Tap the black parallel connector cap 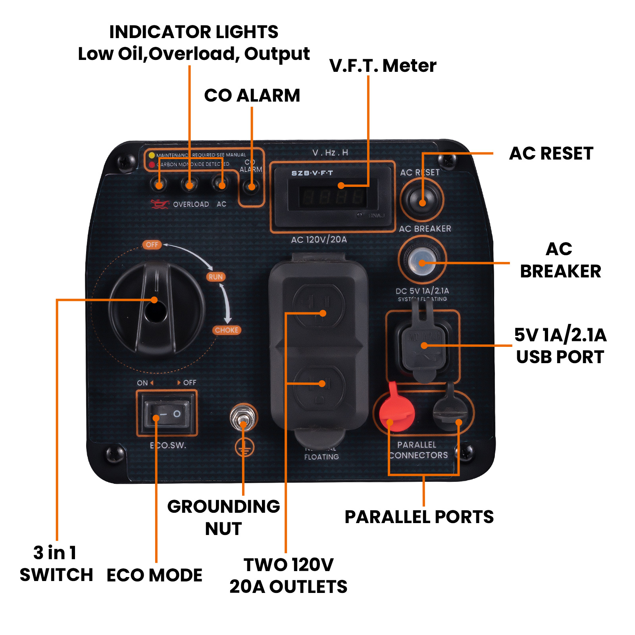[451, 411]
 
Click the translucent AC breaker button [422, 262]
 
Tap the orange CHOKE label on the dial [227, 330]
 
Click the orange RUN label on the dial [216, 277]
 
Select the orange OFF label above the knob [152, 244]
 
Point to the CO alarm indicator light [251, 186]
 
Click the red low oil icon [159, 204]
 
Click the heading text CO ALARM [252, 96]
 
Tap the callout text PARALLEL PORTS [419, 517]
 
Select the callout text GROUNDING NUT [223, 517]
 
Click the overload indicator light [190, 184]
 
